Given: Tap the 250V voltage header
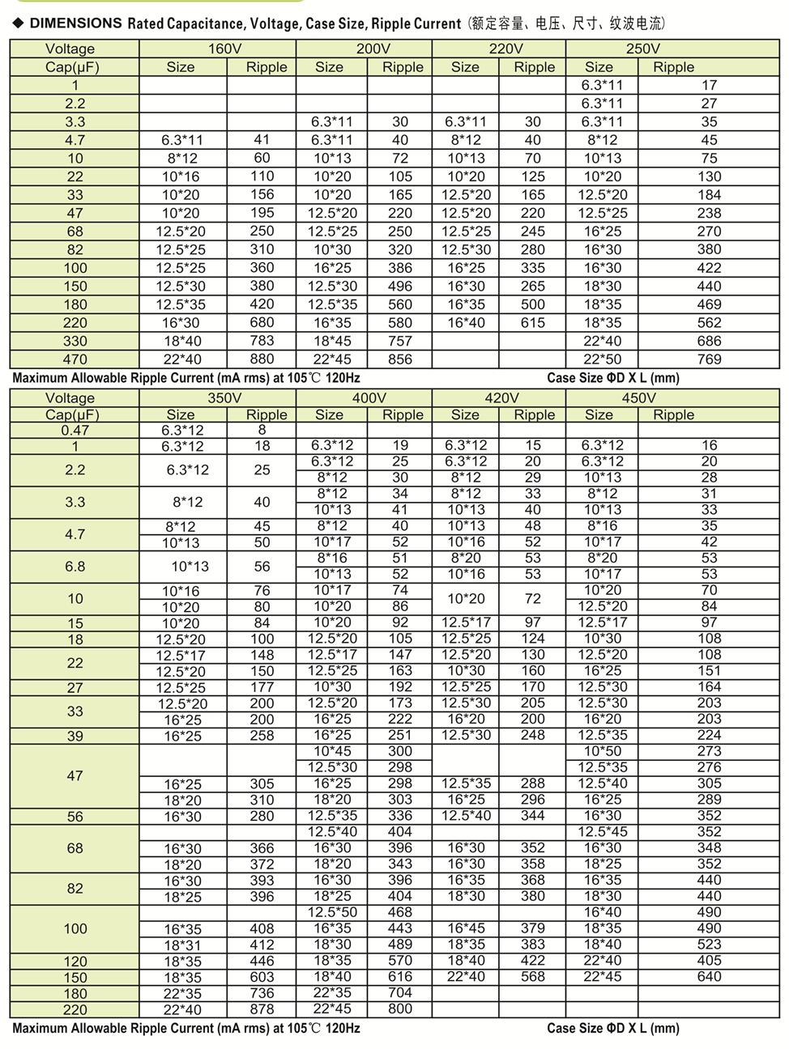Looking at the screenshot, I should (x=642, y=49).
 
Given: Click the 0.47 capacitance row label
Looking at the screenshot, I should (x=75, y=430).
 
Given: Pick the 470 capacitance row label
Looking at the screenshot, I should (x=75, y=359).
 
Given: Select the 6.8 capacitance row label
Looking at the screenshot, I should (x=75, y=567).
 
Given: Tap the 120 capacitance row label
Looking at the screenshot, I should (x=75, y=962).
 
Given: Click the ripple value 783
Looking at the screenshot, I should (x=262, y=341).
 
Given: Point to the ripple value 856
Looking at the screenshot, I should (x=399, y=359).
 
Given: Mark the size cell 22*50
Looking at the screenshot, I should (x=603, y=359).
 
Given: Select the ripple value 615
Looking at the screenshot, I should (x=532, y=322).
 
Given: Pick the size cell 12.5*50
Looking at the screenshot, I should (x=332, y=912).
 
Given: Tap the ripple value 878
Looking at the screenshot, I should (x=262, y=1009).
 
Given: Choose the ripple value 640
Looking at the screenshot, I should (x=709, y=977).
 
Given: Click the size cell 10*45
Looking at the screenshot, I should (x=332, y=751).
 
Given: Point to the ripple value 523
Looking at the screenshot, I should (x=709, y=945).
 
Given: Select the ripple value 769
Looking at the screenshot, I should (x=709, y=359).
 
